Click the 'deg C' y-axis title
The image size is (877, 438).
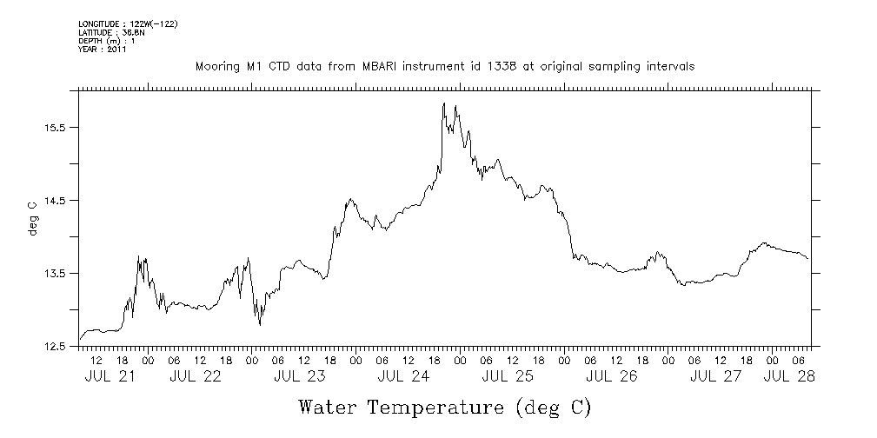(32, 219)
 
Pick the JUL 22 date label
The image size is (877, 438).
(196, 376)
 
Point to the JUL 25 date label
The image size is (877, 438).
(508, 376)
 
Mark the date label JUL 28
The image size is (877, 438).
(789, 376)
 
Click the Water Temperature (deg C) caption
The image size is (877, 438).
(445, 407)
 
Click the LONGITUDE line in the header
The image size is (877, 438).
(129, 23)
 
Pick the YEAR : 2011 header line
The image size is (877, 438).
(103, 50)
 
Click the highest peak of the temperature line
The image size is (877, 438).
(444, 103)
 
